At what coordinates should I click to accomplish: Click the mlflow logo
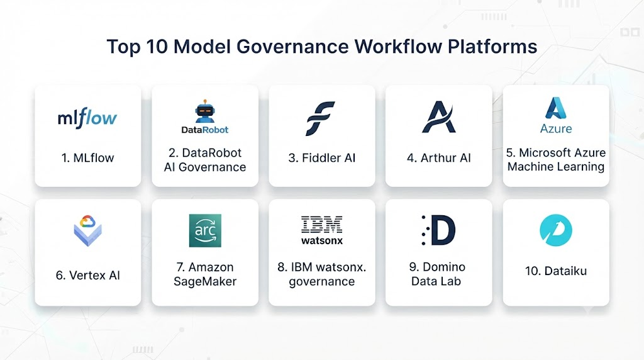coord(87,118)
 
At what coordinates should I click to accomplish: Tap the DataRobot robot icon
coord(205,111)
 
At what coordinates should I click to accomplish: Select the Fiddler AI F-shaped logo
coord(320,118)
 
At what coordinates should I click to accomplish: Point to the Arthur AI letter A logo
coord(438,116)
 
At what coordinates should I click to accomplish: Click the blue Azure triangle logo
coord(556,108)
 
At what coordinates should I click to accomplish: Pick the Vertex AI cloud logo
coord(87,230)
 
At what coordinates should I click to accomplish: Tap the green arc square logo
coord(205,230)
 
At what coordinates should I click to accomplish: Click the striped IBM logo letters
coord(321,225)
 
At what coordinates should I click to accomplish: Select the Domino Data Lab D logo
coord(438,230)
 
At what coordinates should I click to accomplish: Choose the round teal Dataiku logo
coord(556,230)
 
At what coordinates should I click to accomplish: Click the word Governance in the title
coord(292,47)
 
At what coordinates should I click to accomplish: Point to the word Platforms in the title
coord(492,47)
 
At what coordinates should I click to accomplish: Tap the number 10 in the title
coord(157,47)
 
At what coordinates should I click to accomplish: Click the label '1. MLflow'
coord(87,158)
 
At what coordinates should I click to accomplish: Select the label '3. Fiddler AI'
coord(321,158)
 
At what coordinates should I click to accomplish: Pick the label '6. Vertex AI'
coord(87,275)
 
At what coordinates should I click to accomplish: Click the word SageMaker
coord(205,281)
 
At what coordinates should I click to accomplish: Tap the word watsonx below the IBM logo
coord(321,240)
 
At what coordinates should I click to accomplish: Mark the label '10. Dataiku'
coord(556,271)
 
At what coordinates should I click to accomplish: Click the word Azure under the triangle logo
coord(556,128)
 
